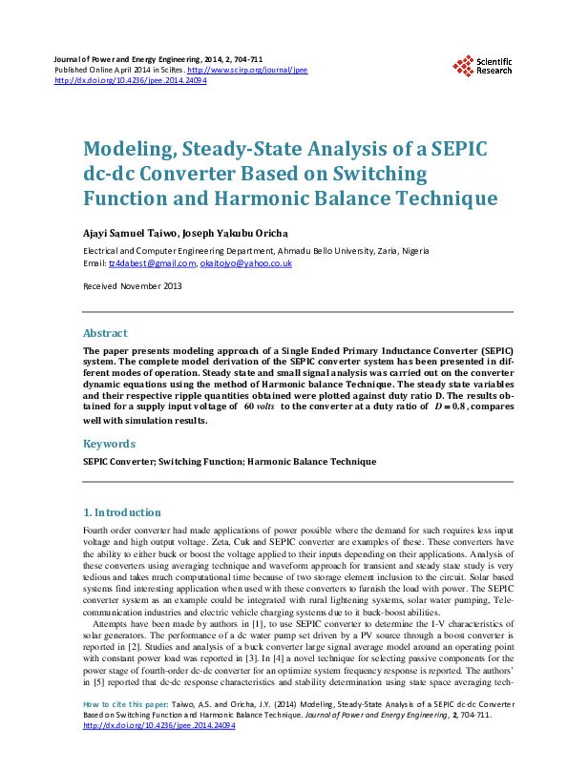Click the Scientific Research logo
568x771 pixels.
click(x=483, y=66)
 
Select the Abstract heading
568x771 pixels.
click(x=105, y=333)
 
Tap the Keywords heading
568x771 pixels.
click(x=110, y=444)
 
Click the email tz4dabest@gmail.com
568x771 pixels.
click(x=150, y=263)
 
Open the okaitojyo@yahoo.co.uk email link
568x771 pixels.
click(x=246, y=263)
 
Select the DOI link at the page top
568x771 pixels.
click(x=132, y=81)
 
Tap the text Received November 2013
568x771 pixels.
click(x=133, y=286)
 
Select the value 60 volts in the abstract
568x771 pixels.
click(x=260, y=406)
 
